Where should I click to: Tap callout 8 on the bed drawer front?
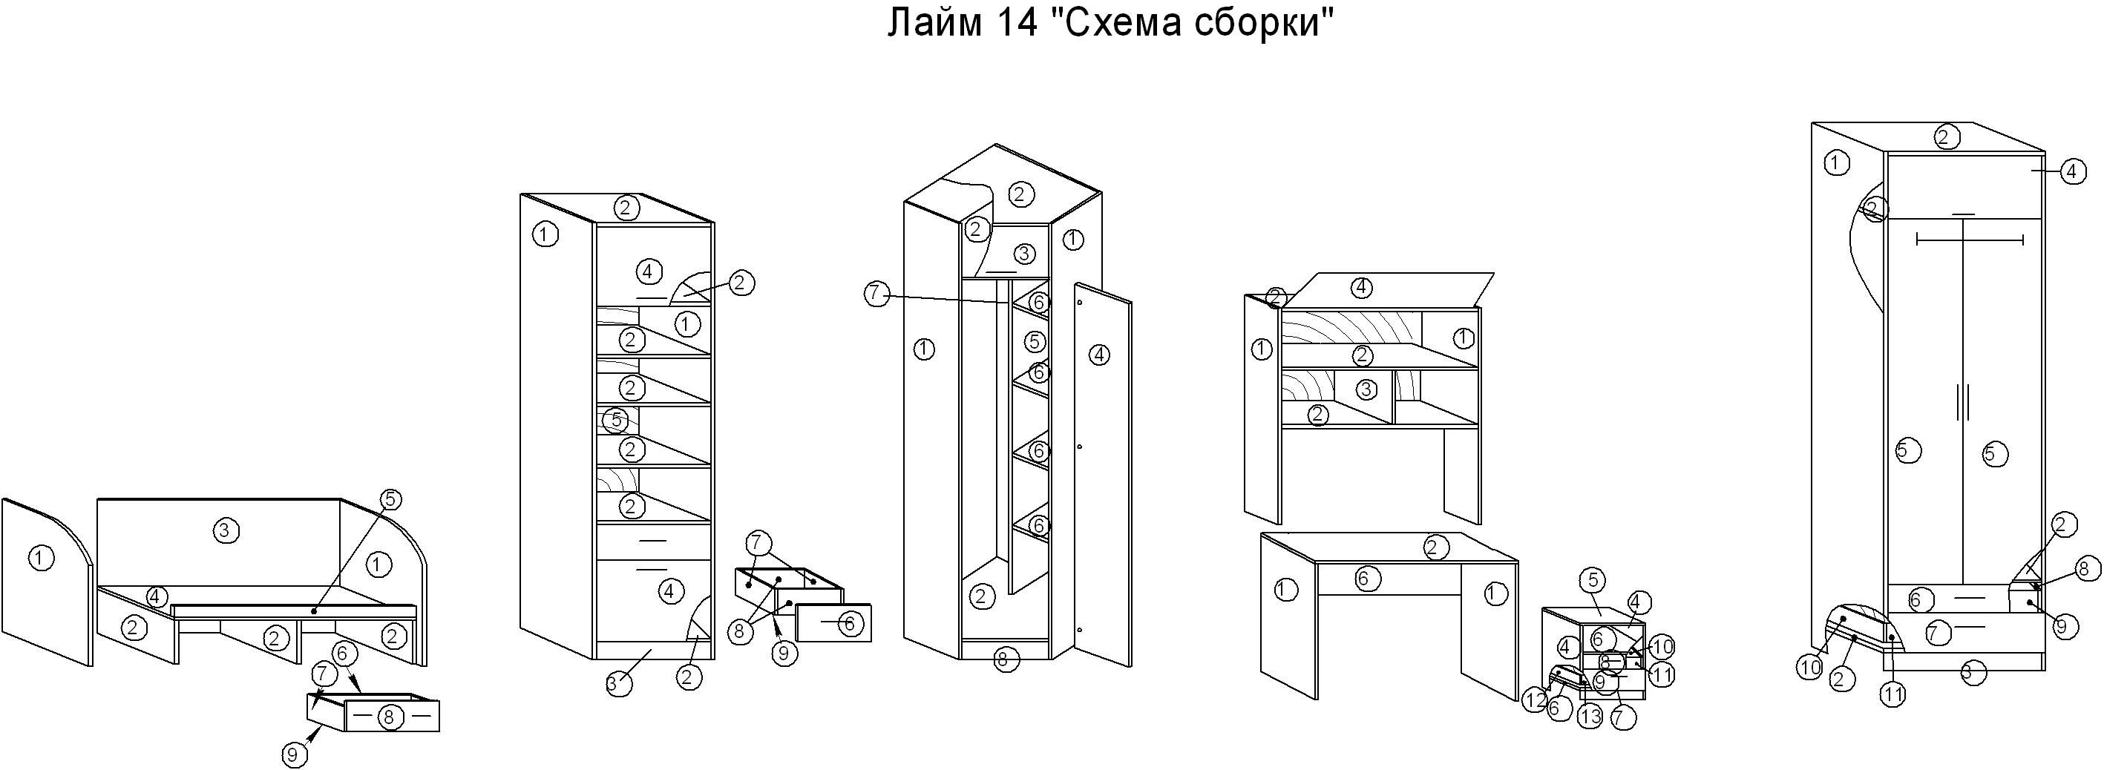(389, 717)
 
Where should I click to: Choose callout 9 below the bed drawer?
(295, 755)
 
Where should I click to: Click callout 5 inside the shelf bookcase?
(617, 421)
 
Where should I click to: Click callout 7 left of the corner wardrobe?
(876, 294)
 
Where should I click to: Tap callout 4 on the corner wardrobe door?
(1099, 355)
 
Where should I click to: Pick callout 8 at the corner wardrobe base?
(1004, 659)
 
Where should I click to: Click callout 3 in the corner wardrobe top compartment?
(1024, 253)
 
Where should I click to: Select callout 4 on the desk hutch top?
(1361, 287)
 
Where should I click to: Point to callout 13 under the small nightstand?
(1590, 717)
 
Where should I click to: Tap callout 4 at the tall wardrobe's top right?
(2073, 172)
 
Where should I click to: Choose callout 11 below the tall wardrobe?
(1893, 694)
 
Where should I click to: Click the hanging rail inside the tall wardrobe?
(1969, 240)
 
